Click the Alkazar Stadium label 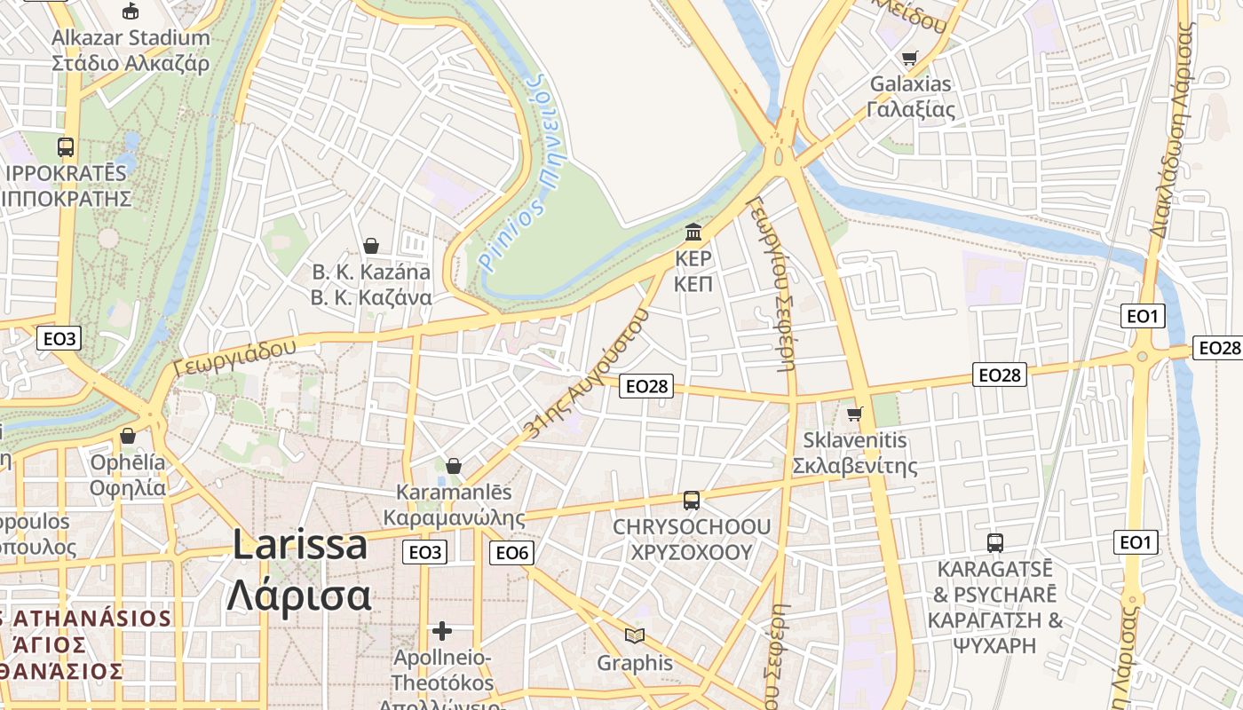131,38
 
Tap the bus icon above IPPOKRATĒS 65,146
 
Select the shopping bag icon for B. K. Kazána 371,245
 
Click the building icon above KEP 693,233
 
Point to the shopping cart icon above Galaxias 910,59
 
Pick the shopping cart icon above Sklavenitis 855,414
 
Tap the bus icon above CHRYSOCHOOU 692,501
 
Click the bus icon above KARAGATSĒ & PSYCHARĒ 995,542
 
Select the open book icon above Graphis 634,635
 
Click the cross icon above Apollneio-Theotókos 442,631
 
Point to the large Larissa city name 299,544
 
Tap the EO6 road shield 511,553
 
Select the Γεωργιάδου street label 235,356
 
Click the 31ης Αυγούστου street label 588,374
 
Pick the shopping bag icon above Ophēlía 128,436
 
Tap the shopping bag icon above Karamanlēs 454,466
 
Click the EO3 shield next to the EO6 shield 425,553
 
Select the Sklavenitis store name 855,440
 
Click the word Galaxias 910,84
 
